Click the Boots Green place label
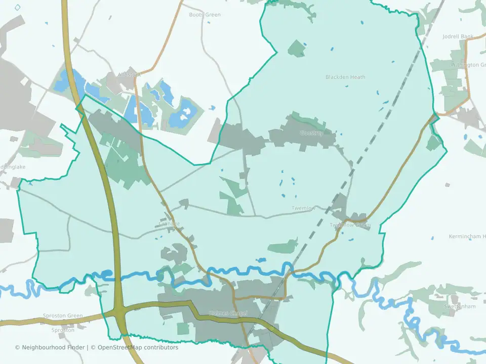205,15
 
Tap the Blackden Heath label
345,77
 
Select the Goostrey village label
311,133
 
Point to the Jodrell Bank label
458,36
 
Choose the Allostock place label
129,74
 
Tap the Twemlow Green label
350,225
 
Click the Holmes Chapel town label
228,313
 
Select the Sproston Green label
63,316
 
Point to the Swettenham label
460,306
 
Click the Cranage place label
169,223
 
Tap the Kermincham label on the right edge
467,237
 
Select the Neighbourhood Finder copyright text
51,347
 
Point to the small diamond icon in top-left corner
18,7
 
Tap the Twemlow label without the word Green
303,208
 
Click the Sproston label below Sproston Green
63,330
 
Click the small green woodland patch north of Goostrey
297,48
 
